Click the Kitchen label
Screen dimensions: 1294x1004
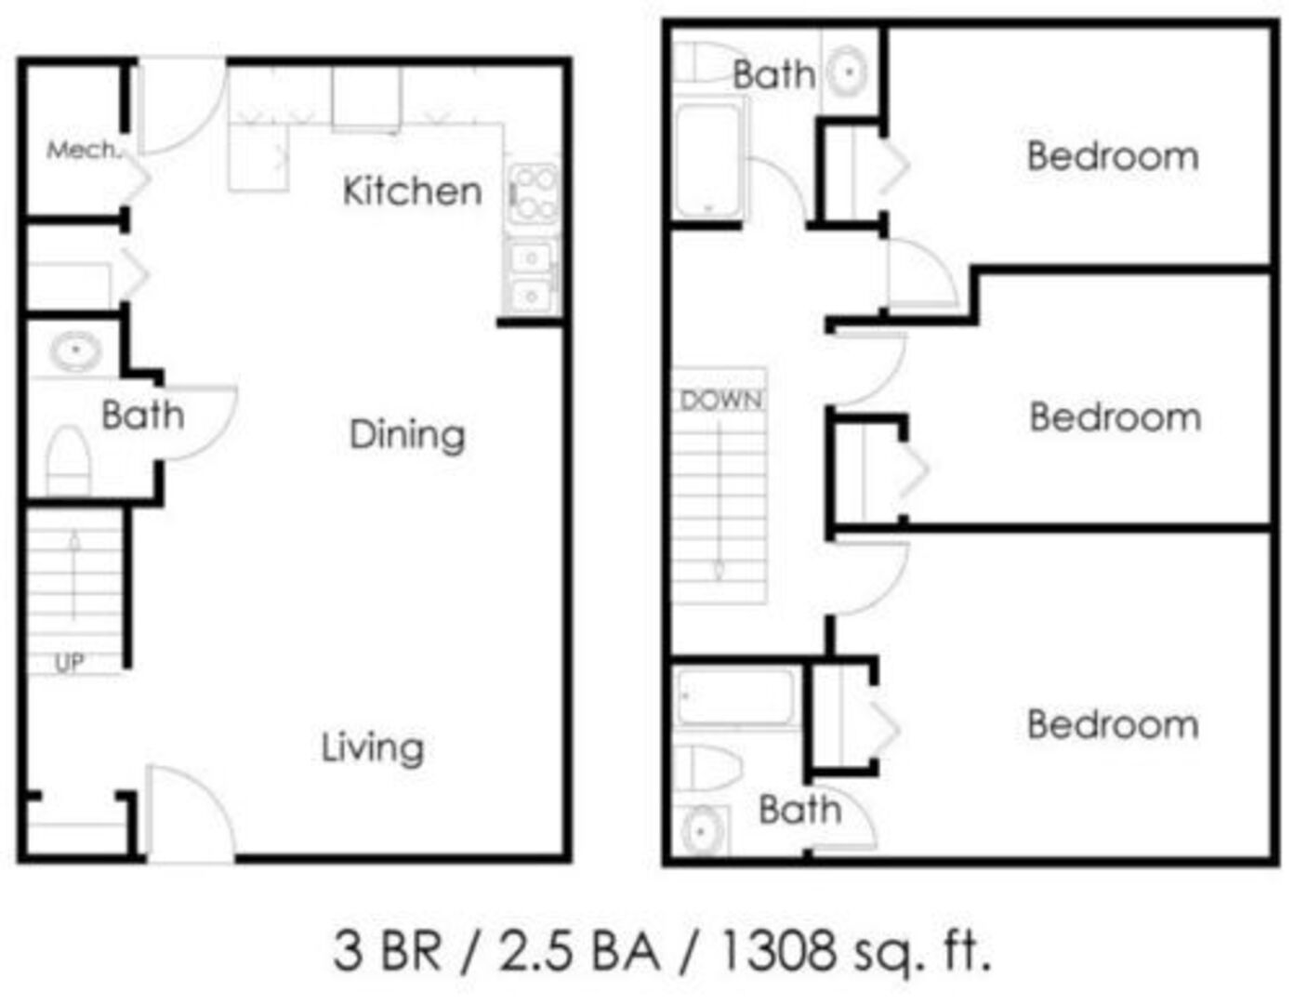tap(412, 192)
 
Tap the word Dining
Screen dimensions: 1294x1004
tap(407, 436)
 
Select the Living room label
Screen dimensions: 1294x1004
tap(373, 748)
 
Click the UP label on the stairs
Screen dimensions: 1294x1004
tap(69, 663)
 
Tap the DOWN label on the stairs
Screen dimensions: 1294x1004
tap(721, 401)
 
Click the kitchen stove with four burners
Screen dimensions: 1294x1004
tap(535, 194)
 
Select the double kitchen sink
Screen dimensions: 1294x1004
tap(532, 276)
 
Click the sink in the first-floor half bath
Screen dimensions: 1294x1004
tap(75, 350)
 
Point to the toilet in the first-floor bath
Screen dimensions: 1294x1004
tap(69, 461)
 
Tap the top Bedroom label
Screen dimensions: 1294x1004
tap(1113, 156)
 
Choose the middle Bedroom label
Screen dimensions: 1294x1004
tap(1116, 416)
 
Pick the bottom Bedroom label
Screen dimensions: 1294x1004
tap(1113, 725)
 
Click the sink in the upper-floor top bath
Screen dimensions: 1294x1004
tap(848, 72)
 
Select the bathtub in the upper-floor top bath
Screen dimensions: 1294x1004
tap(708, 161)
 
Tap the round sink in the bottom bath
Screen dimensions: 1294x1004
tap(703, 831)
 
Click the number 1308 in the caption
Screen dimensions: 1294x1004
tap(780, 951)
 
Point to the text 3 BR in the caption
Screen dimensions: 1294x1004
tap(388, 951)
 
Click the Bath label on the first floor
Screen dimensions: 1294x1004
tap(143, 415)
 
